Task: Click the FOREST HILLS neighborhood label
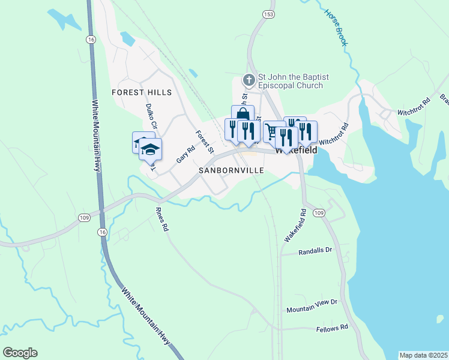click(x=142, y=92)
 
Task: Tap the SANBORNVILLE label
click(x=232, y=171)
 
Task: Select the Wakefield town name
click(x=296, y=151)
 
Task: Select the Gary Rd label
click(x=186, y=155)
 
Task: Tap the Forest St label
click(x=205, y=142)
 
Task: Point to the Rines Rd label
click(x=162, y=220)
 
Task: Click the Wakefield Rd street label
click(x=295, y=226)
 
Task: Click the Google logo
click(x=20, y=353)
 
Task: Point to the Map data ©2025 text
click(x=424, y=355)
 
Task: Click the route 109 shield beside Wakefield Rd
click(x=319, y=213)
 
